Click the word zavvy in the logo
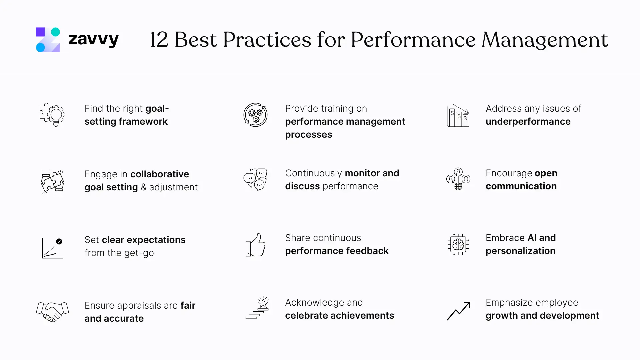pos(93,40)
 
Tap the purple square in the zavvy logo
pos(40,32)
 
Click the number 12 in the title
pos(159,40)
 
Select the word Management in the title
pos(545,40)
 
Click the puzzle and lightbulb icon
pos(52,115)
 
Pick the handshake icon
pos(52,312)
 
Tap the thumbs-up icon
pos(256,245)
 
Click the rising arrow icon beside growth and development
pos(458,311)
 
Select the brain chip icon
pos(458,244)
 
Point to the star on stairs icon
pos(257,308)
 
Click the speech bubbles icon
pos(256,180)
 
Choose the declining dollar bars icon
pos(458,116)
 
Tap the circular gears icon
pos(256,115)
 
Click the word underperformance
pos(528,122)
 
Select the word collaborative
pos(160,174)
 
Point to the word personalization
pos(520,251)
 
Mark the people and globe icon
pos(458,179)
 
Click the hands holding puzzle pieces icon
pos(52,182)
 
